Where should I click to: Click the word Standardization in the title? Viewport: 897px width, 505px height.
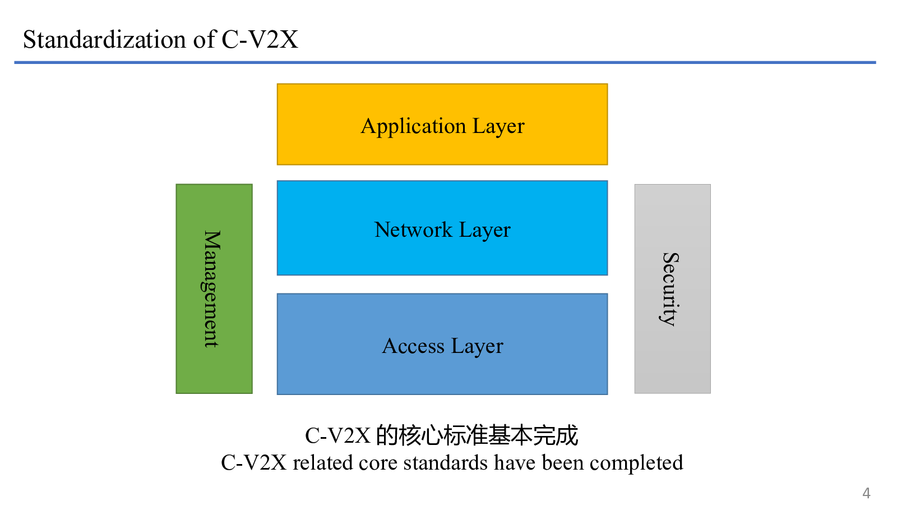coord(104,40)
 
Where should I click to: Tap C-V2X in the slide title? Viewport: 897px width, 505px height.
coord(260,40)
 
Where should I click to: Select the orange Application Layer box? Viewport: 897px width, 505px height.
coord(442,124)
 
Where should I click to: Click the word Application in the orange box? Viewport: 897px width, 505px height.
coord(414,127)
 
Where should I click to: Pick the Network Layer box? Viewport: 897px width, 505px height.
coord(442,228)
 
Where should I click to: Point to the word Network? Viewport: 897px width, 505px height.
coord(414,229)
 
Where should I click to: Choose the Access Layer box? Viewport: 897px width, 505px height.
coord(442,345)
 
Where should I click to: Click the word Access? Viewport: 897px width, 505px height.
coord(413,346)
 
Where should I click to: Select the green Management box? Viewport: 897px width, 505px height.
coord(214,289)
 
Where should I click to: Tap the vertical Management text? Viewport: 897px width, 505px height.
coord(211,289)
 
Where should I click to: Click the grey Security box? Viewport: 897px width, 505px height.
coord(673,289)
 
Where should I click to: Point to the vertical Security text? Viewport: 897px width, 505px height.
coord(670,290)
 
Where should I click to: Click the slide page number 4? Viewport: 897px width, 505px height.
coord(866,493)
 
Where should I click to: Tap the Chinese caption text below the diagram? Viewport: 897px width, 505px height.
coord(442,435)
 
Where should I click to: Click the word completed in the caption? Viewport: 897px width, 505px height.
coord(636,463)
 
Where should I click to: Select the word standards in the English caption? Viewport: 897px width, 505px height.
coord(446,462)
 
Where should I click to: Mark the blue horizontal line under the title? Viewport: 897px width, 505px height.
coord(445,62)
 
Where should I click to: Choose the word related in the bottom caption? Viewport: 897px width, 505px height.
coord(323,462)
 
